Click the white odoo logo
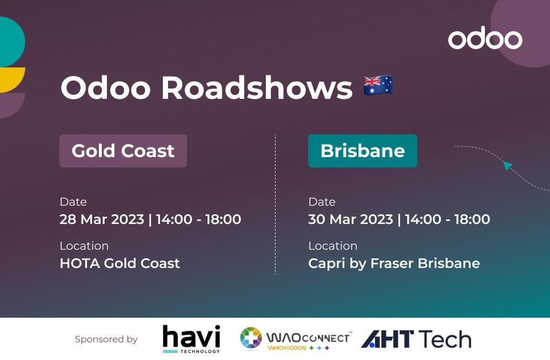tap(485, 38)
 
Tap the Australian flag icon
tap(378, 85)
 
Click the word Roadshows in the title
tap(257, 87)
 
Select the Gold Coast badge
tap(123, 151)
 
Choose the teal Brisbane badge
tap(362, 151)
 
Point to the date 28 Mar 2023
tap(102, 219)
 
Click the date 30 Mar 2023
tap(350, 219)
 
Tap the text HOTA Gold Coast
tap(119, 263)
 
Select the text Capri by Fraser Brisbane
tap(394, 263)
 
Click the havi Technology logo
tap(192, 339)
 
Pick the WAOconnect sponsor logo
tap(296, 339)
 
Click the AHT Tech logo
tap(416, 339)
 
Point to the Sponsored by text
tap(106, 339)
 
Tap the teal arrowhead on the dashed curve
tap(507, 165)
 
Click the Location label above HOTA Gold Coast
tap(84, 246)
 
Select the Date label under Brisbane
tap(322, 202)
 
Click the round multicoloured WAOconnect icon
tap(251, 338)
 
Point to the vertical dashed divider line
tap(276, 204)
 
